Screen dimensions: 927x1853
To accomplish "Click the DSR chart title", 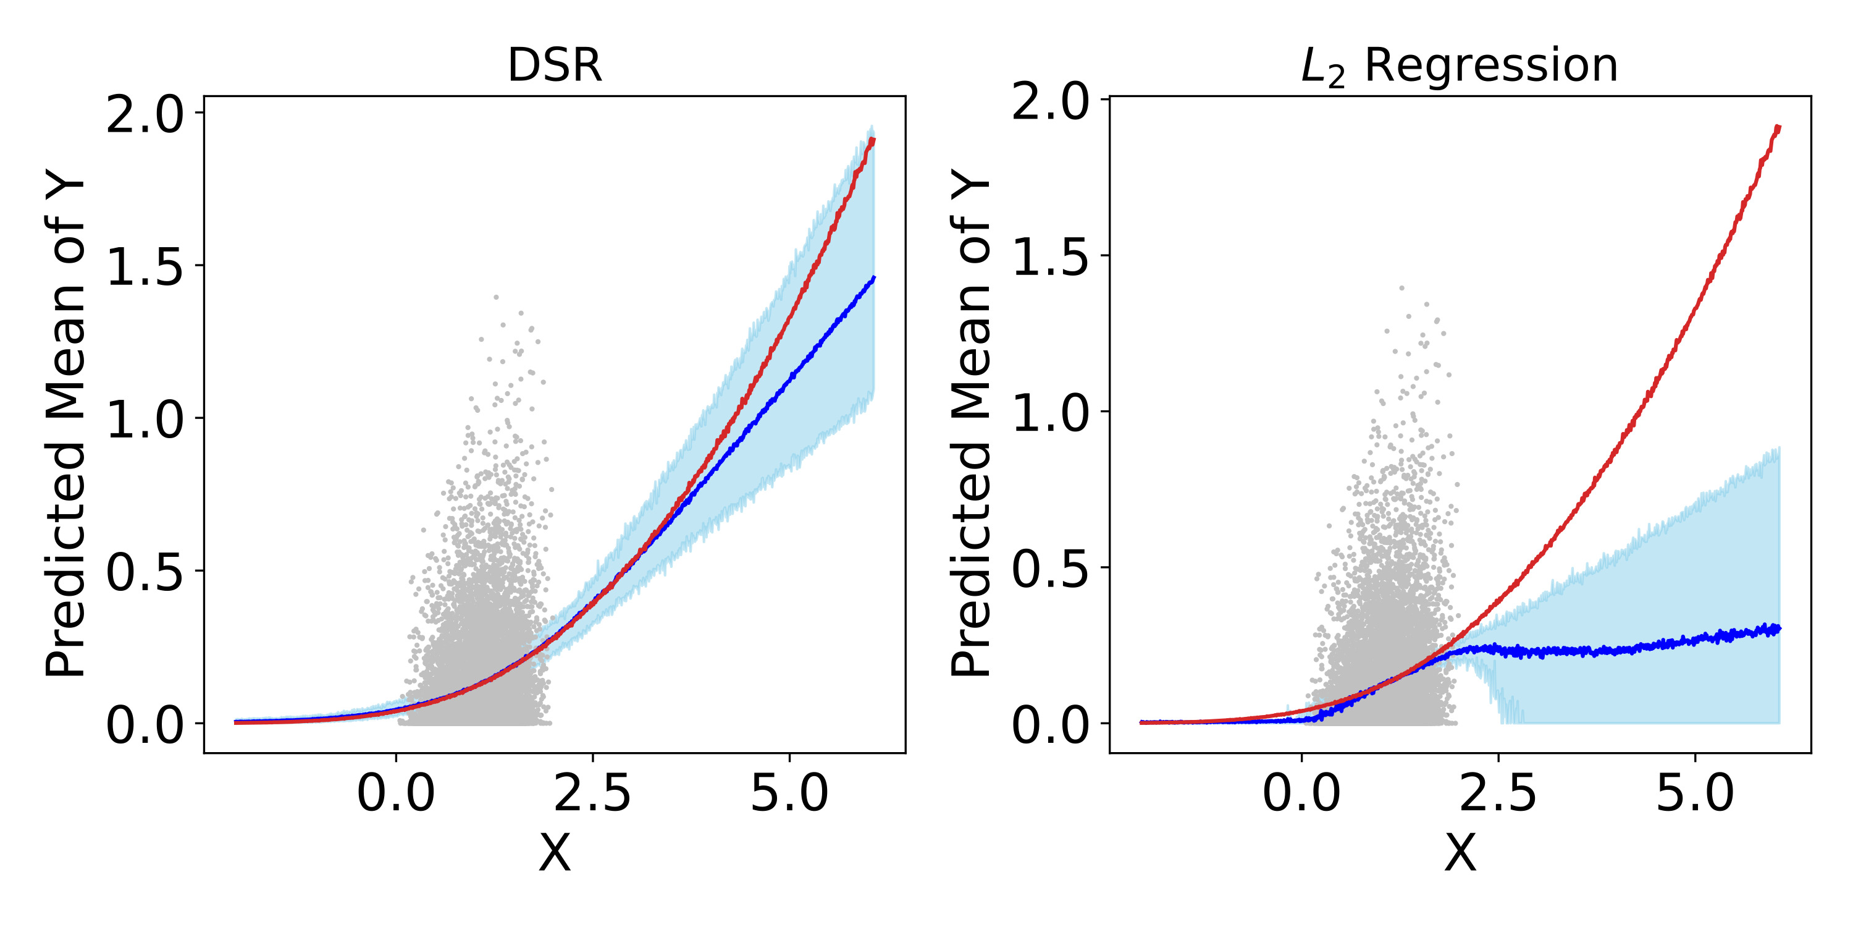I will (x=554, y=66).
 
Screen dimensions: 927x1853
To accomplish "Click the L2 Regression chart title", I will (x=1460, y=66).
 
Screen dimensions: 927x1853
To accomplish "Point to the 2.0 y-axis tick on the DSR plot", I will (x=145, y=114).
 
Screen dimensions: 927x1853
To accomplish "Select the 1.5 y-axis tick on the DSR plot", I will (x=145, y=267).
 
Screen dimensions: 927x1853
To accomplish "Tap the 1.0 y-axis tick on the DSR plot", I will (x=145, y=420).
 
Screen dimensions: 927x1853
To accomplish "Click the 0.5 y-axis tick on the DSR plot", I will (x=145, y=572).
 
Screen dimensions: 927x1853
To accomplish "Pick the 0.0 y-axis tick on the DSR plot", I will (x=145, y=725).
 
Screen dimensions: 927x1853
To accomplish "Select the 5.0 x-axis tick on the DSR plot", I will (x=789, y=794).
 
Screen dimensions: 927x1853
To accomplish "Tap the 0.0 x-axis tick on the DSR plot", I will (x=396, y=794).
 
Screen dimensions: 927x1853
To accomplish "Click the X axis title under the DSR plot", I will (x=555, y=853).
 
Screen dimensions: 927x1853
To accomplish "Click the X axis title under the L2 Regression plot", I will (x=1460, y=853).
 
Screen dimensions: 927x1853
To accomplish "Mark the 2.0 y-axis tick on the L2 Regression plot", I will (x=1050, y=101).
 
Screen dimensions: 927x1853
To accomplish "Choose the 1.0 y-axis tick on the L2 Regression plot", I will (x=1050, y=413).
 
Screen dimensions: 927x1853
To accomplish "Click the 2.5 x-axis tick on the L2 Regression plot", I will (x=1498, y=794).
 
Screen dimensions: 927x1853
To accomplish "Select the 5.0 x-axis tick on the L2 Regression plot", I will (x=1695, y=794).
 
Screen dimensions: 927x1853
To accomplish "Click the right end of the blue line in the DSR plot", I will (x=873, y=278).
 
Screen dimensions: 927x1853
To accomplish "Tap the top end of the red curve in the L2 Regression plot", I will (x=1778, y=128).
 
